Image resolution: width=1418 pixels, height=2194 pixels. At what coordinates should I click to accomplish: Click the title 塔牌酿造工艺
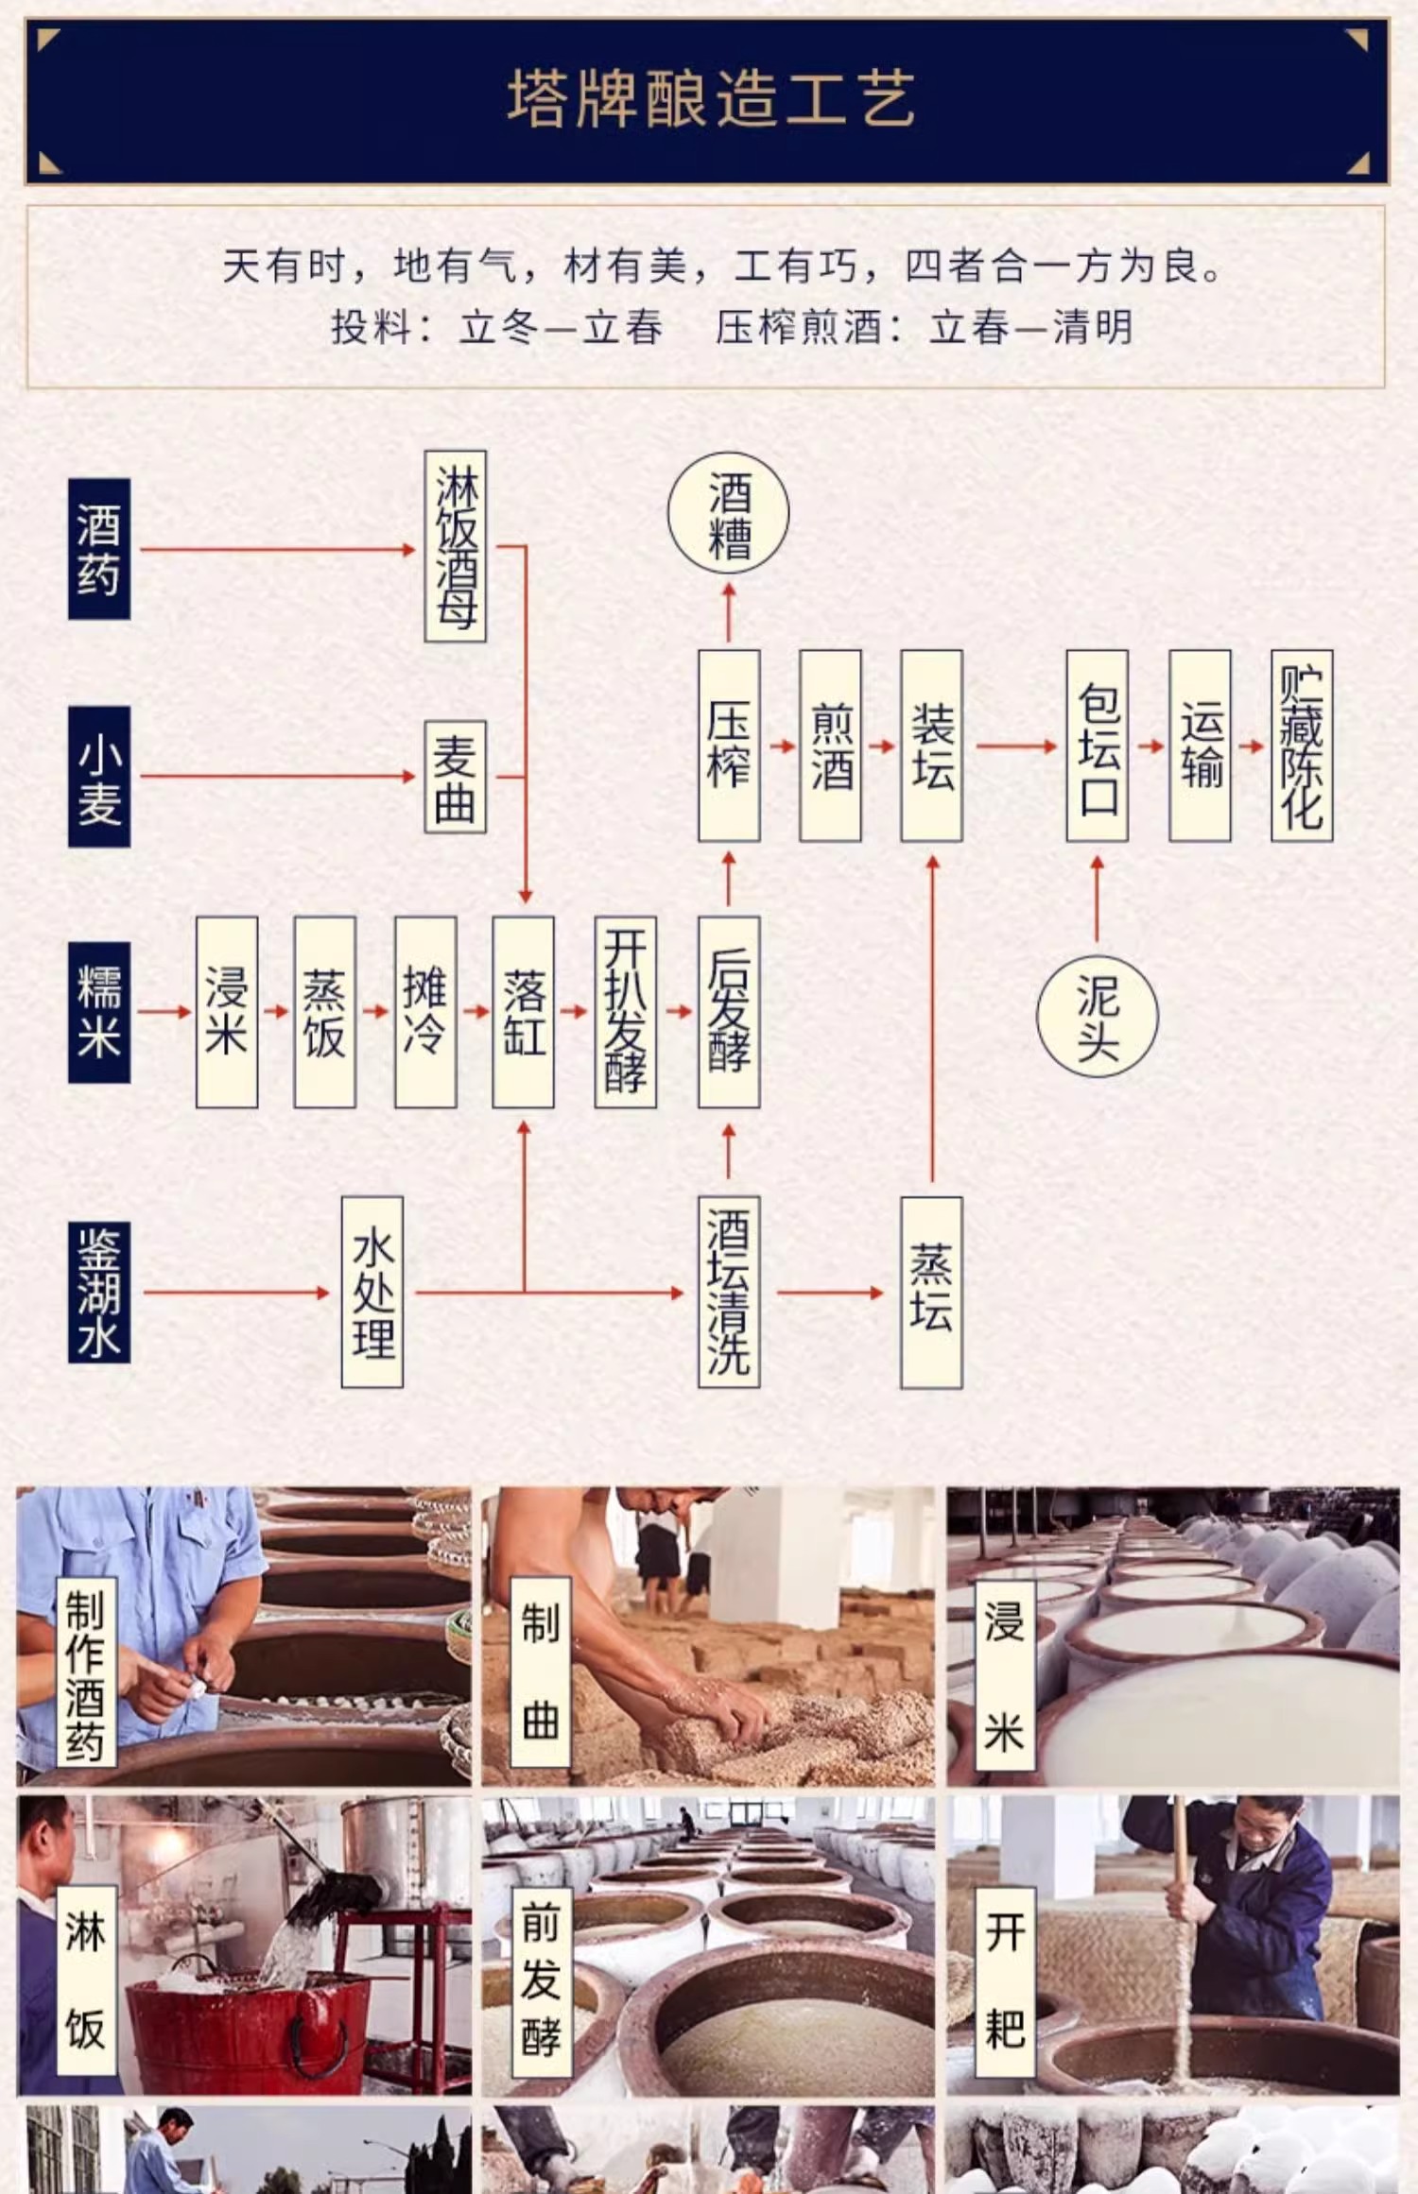(710, 99)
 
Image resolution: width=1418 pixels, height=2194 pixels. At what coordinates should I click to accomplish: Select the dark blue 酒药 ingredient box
(99, 549)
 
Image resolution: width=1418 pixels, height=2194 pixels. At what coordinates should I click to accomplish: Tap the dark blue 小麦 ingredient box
(99, 776)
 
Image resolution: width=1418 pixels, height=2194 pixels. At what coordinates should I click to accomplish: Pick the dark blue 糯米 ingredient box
(99, 1012)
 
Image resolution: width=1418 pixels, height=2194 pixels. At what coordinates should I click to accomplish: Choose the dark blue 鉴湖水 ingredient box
(99, 1292)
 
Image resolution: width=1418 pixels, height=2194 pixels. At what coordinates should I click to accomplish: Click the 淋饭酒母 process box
(456, 546)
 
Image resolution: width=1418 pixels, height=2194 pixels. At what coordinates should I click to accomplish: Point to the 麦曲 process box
(456, 777)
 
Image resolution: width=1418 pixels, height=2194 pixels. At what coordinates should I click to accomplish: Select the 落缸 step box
(524, 1012)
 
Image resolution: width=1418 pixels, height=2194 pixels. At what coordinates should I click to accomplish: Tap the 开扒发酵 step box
(626, 1012)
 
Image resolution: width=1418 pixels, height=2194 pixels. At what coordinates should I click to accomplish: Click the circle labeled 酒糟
(728, 513)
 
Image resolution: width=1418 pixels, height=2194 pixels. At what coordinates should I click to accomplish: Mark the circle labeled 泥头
(1098, 1017)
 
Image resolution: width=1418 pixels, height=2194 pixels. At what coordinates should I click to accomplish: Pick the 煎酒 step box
(830, 746)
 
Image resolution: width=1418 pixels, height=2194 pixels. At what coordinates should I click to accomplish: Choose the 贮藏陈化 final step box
(1302, 746)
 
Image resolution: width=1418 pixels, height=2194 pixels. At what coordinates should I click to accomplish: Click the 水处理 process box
(372, 1292)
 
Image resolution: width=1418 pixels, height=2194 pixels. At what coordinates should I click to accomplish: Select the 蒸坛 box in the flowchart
(932, 1293)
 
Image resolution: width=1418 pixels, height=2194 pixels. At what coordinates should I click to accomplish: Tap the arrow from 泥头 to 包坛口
(1098, 898)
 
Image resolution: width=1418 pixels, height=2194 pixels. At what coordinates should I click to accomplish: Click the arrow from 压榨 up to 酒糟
(729, 612)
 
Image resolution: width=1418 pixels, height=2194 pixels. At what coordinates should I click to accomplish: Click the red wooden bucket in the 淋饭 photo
(250, 2025)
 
